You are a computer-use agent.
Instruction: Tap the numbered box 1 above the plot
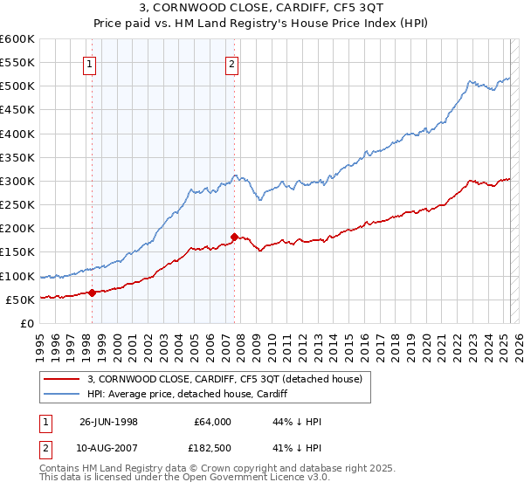91,63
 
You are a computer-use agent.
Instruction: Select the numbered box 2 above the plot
232,63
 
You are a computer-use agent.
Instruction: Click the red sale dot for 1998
92,293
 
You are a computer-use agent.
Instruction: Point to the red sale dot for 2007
234,237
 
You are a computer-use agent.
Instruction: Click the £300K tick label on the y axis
17,181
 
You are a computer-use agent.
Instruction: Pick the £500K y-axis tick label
17,86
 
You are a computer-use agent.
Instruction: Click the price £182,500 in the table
212,448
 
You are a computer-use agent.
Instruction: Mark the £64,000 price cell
212,422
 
